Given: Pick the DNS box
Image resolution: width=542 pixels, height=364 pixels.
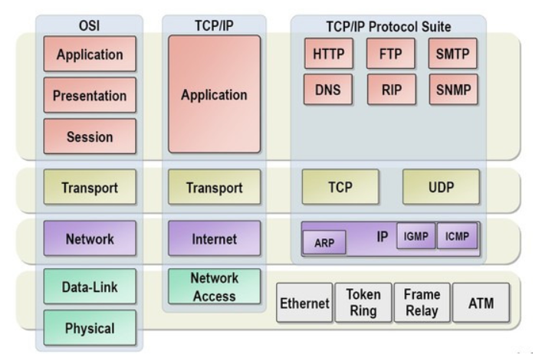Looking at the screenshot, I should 329,88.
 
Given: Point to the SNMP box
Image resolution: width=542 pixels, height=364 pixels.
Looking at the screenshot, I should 452,88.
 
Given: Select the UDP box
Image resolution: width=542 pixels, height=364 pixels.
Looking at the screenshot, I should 441,187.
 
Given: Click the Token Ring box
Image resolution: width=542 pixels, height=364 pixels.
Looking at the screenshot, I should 362,303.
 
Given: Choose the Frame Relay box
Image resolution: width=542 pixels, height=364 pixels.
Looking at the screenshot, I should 421,303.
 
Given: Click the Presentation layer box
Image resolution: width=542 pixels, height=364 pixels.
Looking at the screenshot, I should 90,96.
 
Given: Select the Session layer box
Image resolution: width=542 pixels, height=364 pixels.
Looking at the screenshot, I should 90,137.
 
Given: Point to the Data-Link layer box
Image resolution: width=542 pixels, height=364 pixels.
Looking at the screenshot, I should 90,287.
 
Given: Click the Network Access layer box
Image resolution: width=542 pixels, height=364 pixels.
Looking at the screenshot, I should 214,287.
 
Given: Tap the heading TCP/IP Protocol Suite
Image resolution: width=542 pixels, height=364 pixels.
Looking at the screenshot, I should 389,26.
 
